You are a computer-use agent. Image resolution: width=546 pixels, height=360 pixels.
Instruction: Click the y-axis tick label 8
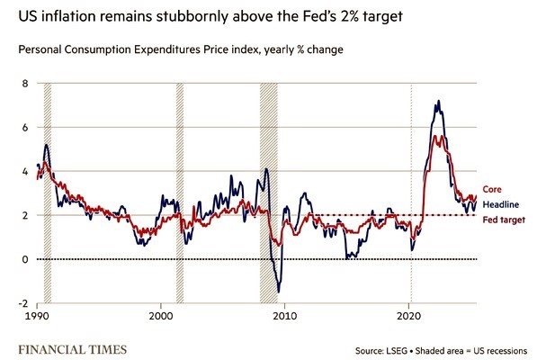coord(25,84)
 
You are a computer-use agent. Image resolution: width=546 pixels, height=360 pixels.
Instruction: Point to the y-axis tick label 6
coord(25,128)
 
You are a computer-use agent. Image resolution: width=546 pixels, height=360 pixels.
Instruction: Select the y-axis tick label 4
coord(25,172)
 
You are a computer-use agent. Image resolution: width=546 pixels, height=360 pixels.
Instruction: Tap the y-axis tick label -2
coord(24,304)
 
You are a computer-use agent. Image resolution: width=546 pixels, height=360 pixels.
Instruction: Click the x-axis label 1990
coord(37,318)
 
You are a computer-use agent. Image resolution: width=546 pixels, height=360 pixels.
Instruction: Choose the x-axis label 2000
coord(161,318)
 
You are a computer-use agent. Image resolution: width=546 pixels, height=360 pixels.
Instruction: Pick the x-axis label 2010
coord(285,318)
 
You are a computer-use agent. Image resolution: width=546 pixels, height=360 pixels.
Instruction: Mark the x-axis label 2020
coord(409,318)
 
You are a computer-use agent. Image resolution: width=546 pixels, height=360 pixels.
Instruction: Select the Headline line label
coord(501,204)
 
